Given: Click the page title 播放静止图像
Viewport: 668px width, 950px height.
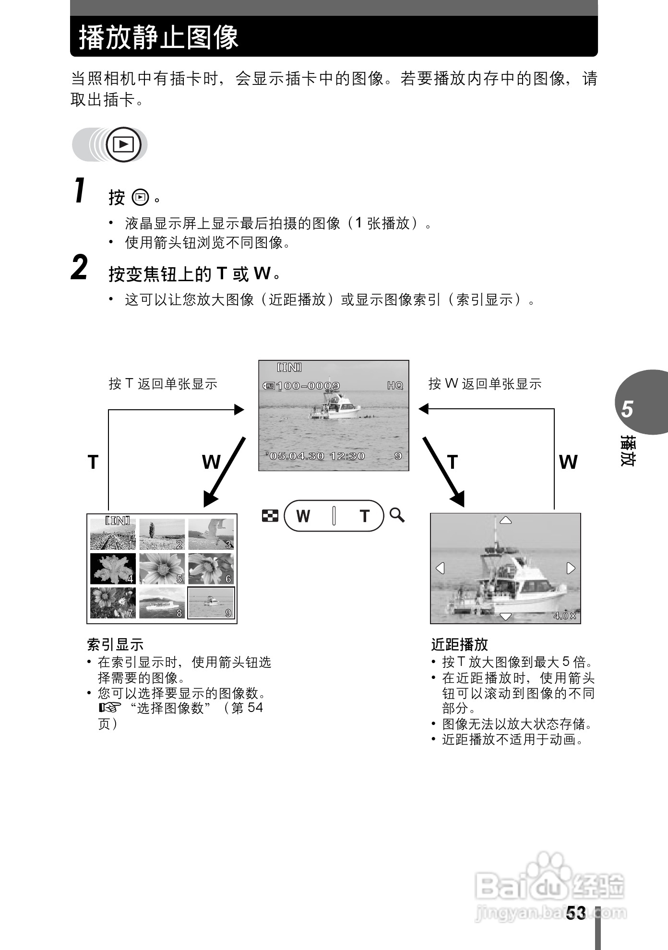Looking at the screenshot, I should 159,37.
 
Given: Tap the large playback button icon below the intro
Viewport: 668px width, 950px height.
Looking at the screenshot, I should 123,144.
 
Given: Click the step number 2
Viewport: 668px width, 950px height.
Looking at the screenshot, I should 80,268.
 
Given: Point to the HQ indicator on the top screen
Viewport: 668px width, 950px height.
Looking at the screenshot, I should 395,386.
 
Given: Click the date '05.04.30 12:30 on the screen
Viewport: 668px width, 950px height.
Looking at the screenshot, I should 316,456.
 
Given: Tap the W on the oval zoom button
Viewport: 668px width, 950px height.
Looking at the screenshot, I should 303,516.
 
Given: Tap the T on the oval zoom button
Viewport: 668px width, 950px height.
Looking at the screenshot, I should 364,516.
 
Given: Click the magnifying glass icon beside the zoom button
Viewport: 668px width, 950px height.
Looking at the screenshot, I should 397,515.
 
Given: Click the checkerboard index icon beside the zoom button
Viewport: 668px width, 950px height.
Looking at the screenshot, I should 270,516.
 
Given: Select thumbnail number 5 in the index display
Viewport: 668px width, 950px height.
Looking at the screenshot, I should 162,569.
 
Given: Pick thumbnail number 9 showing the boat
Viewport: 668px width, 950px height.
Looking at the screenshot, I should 211,603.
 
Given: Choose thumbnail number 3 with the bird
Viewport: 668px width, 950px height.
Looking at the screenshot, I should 211,534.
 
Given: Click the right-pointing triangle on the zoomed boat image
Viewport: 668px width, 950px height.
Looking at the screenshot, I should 571,568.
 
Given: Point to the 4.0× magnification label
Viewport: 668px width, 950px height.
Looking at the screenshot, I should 565,616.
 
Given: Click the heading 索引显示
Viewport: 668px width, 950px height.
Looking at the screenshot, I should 115,644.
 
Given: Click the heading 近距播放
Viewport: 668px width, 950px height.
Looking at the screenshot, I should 459,644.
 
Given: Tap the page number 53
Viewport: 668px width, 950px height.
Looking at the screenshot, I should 576,913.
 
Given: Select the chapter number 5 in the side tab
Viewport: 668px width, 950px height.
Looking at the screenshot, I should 627,409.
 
